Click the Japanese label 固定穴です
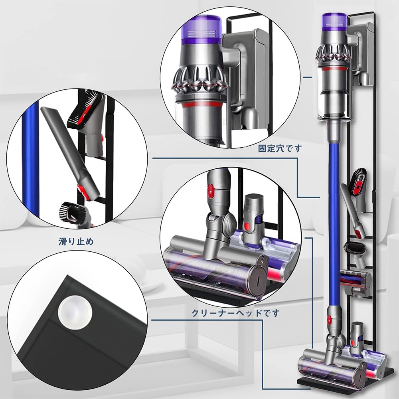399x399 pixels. click(280, 149)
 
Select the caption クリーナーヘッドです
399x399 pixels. click(235, 312)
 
